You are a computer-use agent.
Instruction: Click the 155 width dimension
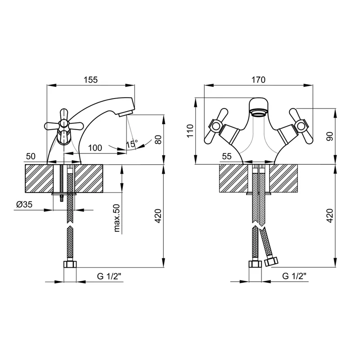coord(91,80)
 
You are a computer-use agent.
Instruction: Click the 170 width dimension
coord(258,80)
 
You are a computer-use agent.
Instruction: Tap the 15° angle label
coord(132,144)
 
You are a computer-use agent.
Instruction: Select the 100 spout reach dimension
coord(95,148)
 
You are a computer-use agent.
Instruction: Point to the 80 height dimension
coord(158,139)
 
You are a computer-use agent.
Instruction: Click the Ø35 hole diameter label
coord(24,204)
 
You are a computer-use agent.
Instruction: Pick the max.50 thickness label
coord(117,218)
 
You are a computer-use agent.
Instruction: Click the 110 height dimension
coord(190,131)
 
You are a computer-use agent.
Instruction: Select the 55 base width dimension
coord(227,156)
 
